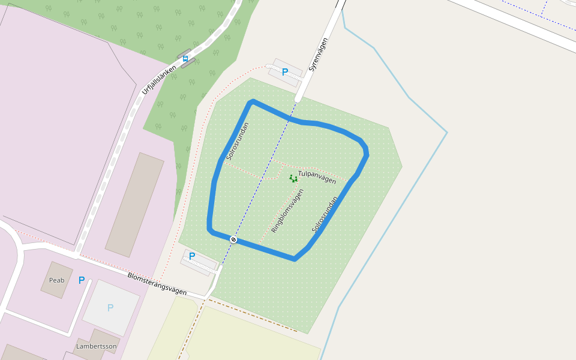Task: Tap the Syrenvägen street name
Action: (x=319, y=55)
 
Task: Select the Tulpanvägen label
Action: (x=317, y=176)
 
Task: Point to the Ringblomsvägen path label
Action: (x=287, y=211)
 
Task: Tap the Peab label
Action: (x=56, y=280)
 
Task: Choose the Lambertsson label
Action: (x=96, y=346)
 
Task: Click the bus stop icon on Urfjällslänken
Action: (x=185, y=59)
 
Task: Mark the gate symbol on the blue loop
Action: (x=233, y=239)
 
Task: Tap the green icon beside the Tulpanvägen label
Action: (x=293, y=178)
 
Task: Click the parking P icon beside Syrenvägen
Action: (x=285, y=72)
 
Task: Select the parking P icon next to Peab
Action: (x=82, y=280)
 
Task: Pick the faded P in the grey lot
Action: (x=110, y=308)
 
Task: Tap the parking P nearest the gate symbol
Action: (x=192, y=256)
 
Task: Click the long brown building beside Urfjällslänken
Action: (x=134, y=205)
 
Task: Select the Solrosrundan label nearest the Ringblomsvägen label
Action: (x=325, y=214)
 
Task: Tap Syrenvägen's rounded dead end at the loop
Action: (x=299, y=98)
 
